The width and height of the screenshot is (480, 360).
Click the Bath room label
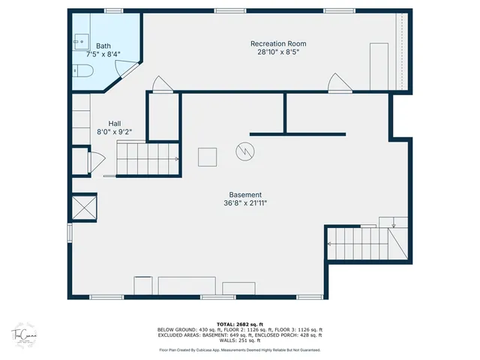[103, 46]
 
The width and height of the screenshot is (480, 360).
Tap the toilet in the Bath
[82, 72]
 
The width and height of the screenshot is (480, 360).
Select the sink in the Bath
[81, 42]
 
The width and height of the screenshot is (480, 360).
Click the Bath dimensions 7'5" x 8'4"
[103, 54]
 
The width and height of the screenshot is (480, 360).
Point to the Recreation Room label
[277, 43]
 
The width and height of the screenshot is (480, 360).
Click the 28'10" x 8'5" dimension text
[277, 52]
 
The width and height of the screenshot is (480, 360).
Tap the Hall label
[114, 123]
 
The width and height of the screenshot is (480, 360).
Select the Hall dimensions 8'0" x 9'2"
[114, 132]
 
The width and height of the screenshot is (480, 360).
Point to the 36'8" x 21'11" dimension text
[245, 202]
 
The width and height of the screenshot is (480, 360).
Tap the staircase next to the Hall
[146, 159]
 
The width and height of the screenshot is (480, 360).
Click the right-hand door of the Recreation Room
[340, 82]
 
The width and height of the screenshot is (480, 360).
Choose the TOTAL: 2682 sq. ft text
[239, 324]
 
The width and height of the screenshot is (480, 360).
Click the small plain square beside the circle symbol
[208, 157]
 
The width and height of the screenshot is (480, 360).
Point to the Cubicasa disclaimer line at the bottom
[239, 349]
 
